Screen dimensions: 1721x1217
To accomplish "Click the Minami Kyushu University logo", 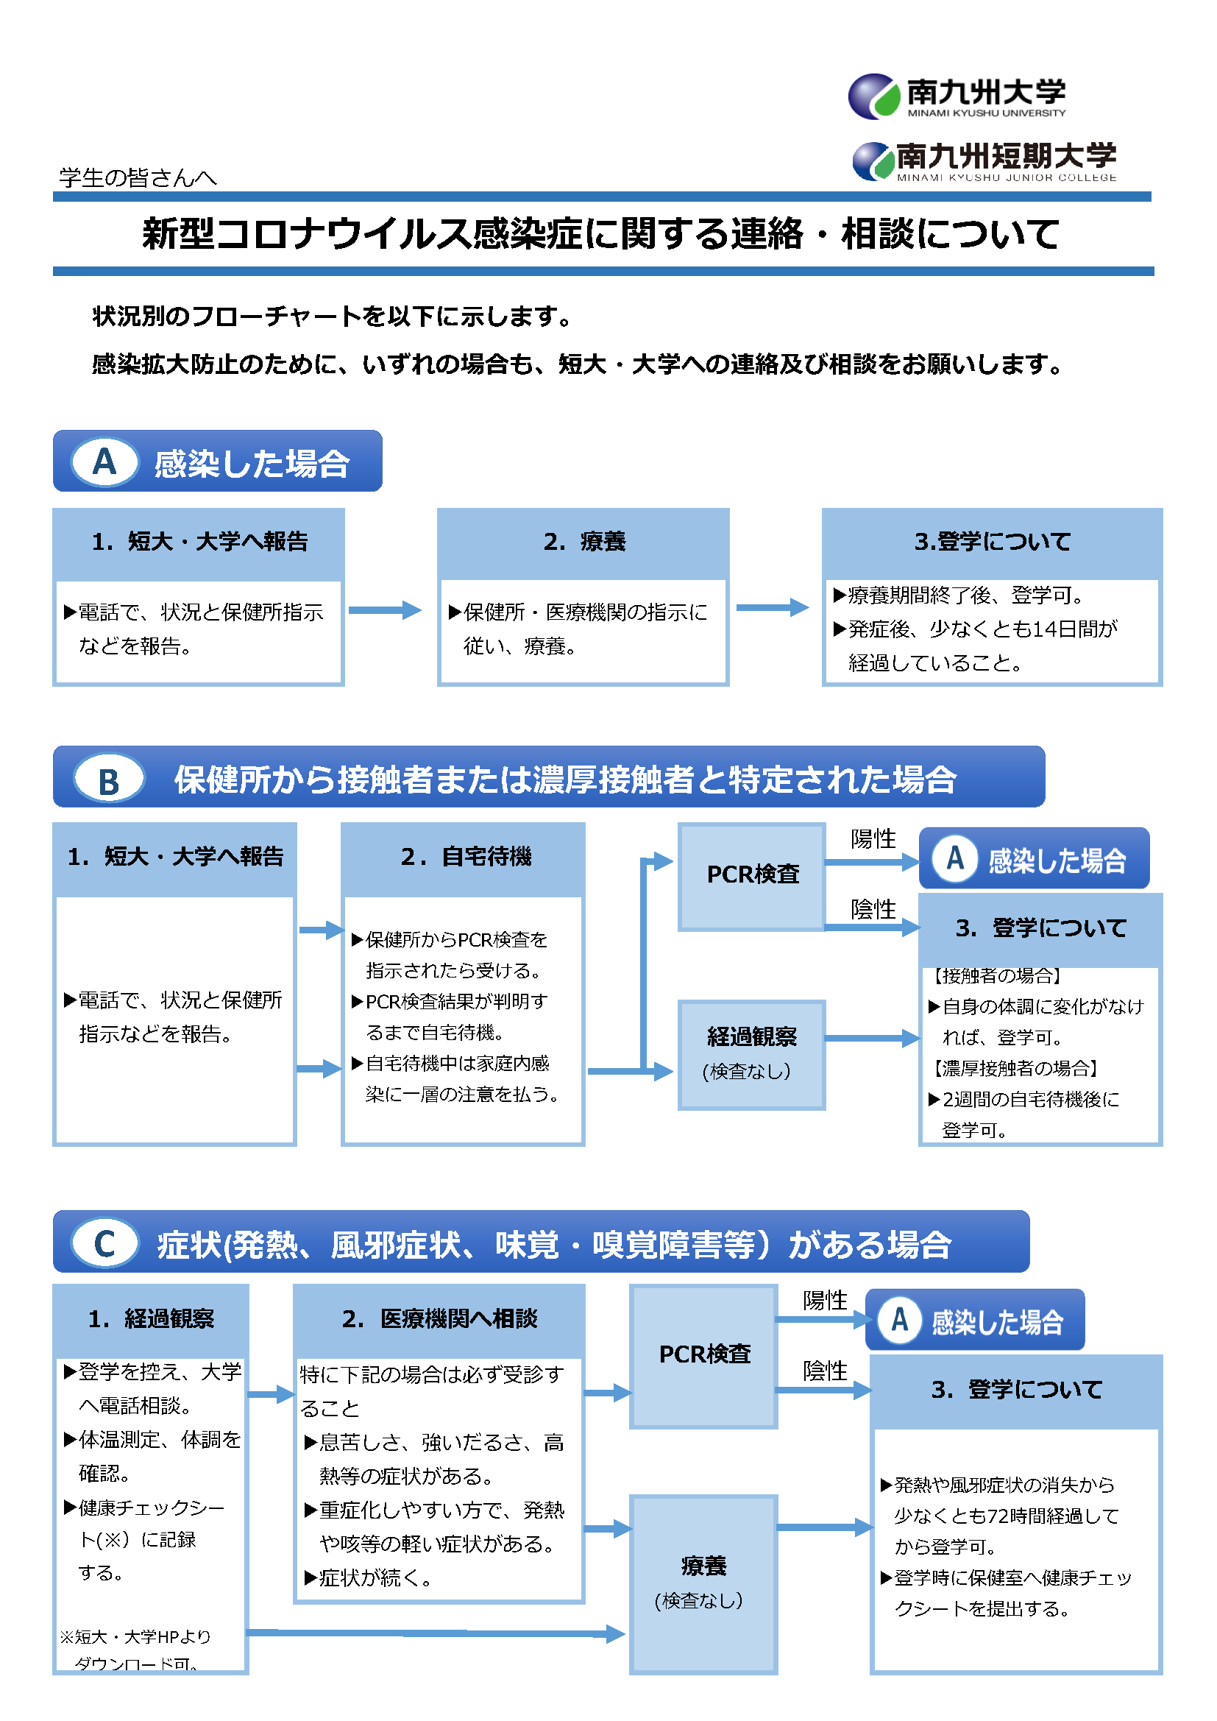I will click(957, 96).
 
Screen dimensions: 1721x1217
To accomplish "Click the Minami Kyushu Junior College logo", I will click(984, 161).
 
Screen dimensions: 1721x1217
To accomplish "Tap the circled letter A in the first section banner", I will click(105, 462).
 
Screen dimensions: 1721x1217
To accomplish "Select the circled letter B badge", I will click(109, 780).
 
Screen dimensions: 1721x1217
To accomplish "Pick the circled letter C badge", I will click(105, 1244).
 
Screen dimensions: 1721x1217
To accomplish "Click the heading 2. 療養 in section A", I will click(583, 542).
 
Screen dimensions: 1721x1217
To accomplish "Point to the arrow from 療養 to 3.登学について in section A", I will click(773, 608).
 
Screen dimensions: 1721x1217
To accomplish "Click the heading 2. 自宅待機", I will click(465, 856).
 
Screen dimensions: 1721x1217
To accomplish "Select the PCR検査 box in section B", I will click(753, 875).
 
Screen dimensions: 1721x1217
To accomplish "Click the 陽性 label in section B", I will click(873, 838).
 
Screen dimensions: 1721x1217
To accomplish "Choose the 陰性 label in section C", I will click(824, 1371).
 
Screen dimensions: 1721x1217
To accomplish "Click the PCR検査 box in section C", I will click(703, 1355).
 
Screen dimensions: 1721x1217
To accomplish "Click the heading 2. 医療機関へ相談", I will click(439, 1319).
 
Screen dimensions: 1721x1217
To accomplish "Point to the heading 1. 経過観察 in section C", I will click(151, 1319).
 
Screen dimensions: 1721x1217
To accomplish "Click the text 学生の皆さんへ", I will click(138, 177).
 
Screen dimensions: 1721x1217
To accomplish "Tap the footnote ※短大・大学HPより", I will click(135, 1637).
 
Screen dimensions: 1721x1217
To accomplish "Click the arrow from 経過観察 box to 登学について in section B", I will click(871, 1038).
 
